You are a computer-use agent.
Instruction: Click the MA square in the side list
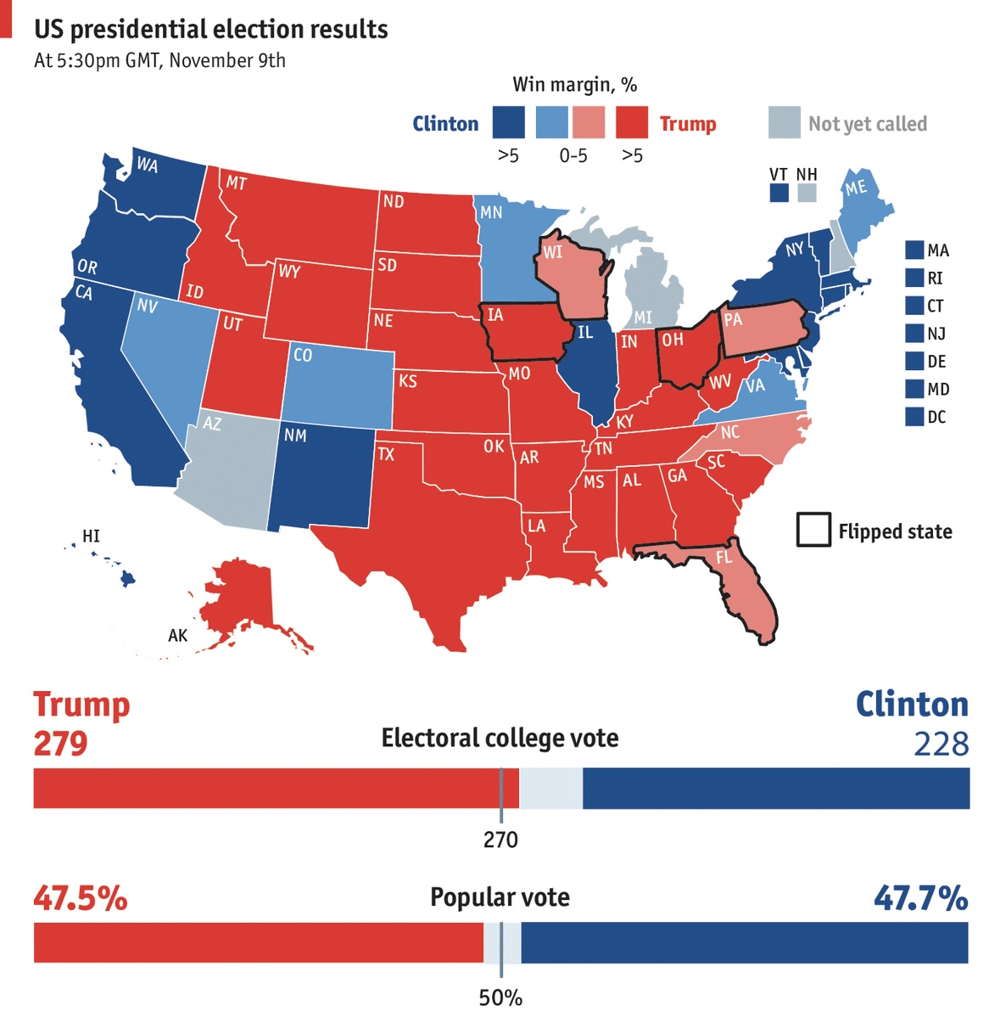click(914, 250)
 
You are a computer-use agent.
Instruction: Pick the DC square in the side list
click(914, 417)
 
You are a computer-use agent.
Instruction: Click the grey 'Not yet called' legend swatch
click(784, 123)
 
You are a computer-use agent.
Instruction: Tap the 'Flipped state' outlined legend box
click(813, 530)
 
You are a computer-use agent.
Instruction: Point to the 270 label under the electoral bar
click(500, 840)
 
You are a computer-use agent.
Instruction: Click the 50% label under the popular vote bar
click(500, 997)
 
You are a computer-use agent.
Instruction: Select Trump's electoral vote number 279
click(60, 744)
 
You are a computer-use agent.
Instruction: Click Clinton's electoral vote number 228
click(941, 744)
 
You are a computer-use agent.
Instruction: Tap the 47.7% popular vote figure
click(920, 898)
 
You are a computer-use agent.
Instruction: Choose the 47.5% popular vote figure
click(81, 898)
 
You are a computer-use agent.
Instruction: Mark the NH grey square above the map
click(807, 194)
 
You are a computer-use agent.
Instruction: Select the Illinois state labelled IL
click(594, 365)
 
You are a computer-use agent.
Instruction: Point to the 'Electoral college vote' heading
click(500, 738)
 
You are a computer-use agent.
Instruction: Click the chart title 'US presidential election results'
click(210, 30)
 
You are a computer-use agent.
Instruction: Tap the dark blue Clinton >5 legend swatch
click(508, 122)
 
